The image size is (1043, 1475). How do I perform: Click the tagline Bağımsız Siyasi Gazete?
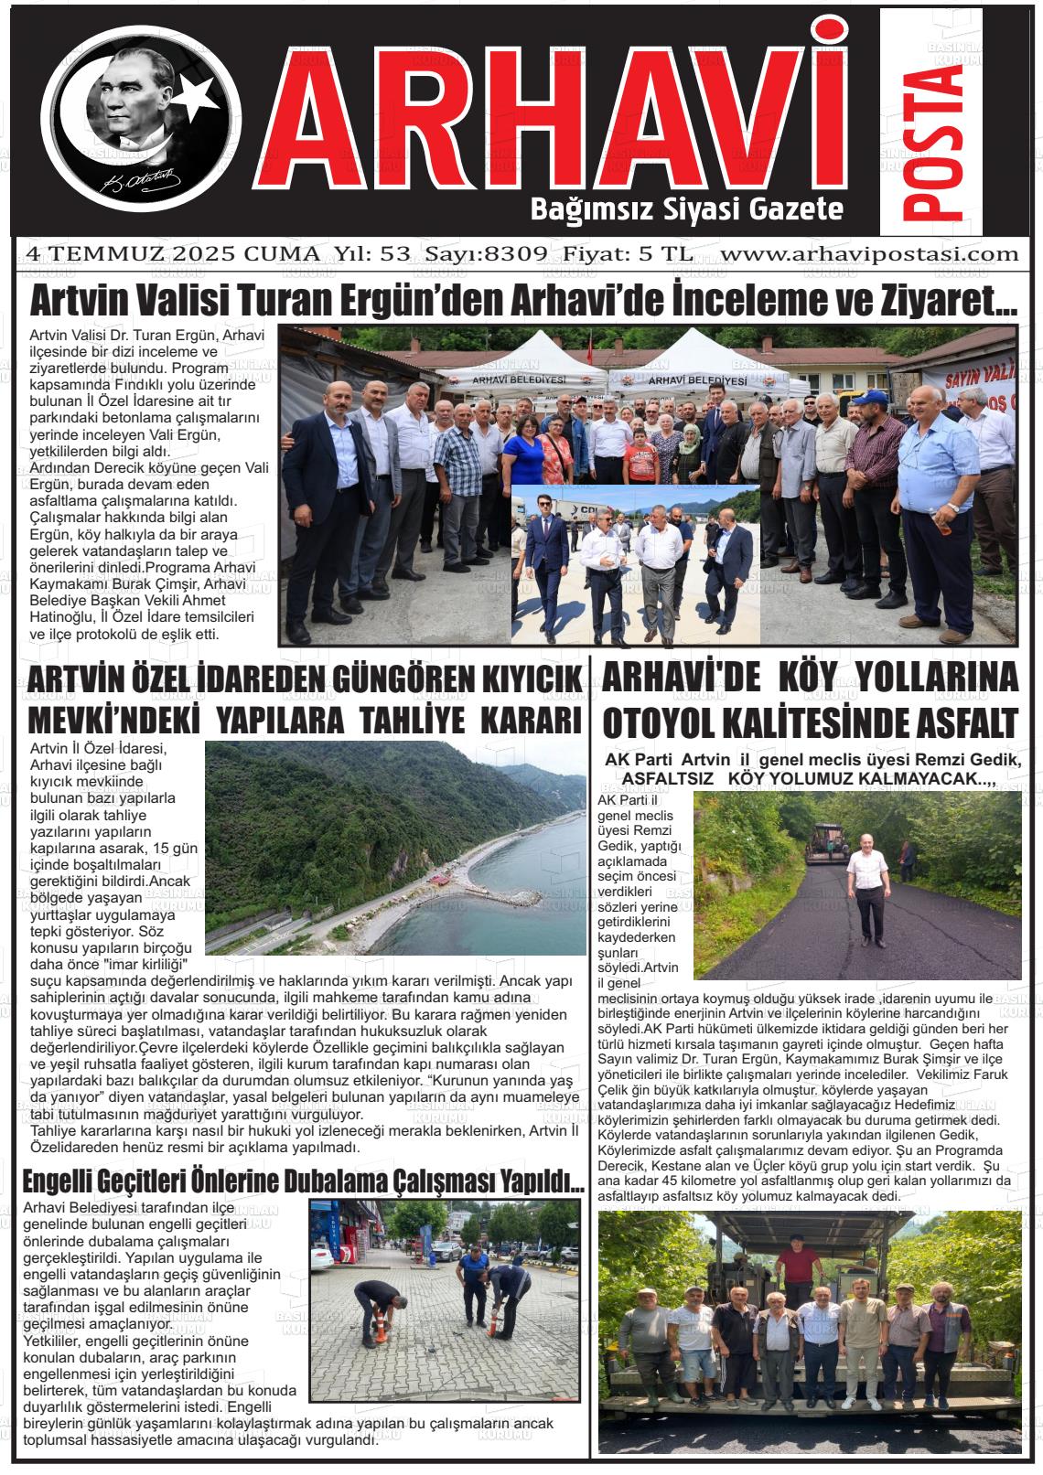[x=686, y=209]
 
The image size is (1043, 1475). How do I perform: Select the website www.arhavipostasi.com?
[x=869, y=253]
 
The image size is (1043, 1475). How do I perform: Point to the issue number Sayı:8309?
[x=491, y=253]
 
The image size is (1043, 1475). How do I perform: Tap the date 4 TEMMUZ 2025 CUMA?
[x=173, y=253]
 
